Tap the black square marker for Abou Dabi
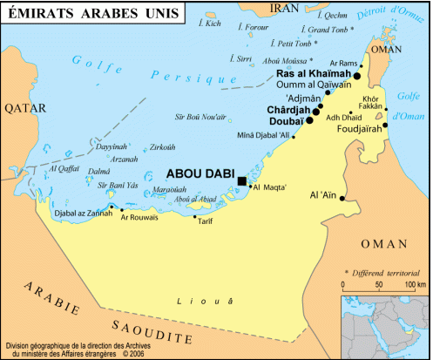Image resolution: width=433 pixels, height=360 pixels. coord(241,181)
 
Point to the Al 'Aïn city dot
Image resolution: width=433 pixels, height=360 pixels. coord(342,199)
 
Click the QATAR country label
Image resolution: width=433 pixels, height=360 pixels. coord(22,108)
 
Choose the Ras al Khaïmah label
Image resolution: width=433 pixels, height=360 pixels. coord(313,76)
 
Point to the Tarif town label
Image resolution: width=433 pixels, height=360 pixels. coord(205,221)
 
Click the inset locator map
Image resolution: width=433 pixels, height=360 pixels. coord(383,326)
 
